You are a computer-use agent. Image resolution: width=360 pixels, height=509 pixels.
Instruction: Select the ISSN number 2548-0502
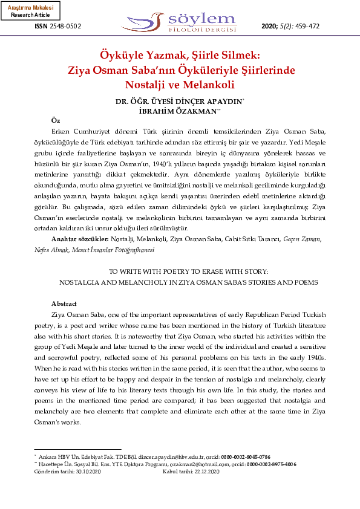click(x=65, y=27)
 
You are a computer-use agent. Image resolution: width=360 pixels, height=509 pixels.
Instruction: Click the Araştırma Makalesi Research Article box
click(x=30, y=11)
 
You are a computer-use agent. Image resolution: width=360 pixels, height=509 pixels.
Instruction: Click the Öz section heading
click(x=56, y=121)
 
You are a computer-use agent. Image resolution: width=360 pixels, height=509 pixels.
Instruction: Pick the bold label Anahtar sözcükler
click(x=77, y=239)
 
